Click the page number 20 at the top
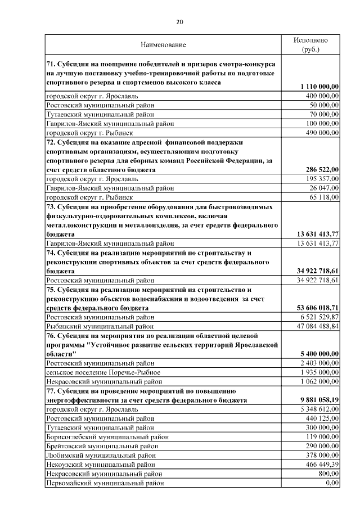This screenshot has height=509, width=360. click(x=179, y=22)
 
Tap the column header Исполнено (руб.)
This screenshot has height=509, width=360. click(x=310, y=45)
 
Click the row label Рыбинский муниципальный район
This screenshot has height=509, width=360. click(x=100, y=326)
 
